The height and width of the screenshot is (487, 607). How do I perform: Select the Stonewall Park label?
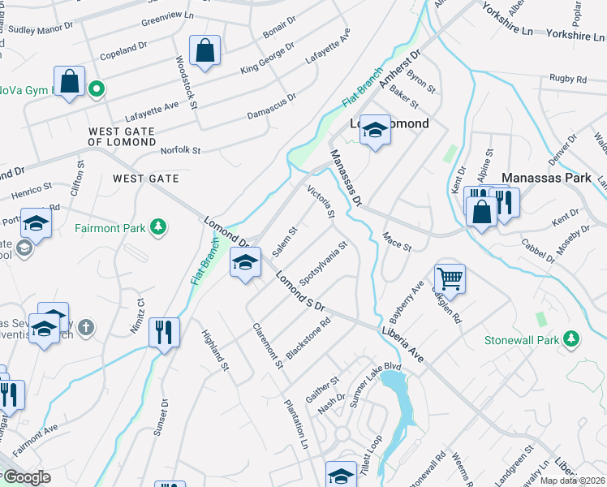[519, 338]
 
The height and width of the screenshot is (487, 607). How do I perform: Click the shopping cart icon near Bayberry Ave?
[450, 278]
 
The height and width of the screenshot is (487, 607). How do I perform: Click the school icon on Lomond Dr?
[245, 262]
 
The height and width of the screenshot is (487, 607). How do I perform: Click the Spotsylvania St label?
[324, 262]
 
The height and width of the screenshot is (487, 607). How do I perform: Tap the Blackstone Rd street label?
[308, 337]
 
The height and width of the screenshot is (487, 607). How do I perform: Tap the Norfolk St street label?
[180, 150]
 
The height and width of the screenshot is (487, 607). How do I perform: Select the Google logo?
[26, 477]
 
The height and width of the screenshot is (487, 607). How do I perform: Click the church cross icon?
[87, 328]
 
